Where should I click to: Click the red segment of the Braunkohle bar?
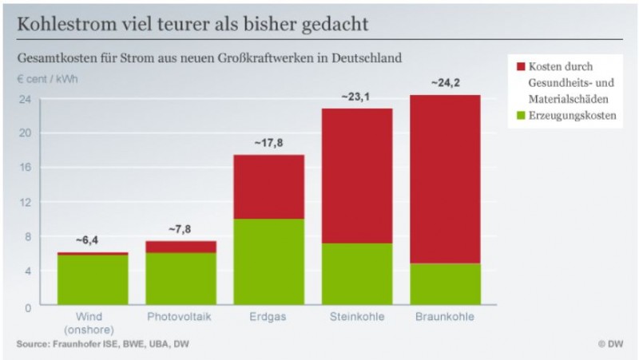tap(446, 179)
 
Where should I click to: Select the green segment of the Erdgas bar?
tap(268, 262)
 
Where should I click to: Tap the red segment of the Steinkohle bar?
tap(357, 176)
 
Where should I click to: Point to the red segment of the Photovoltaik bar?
tap(181, 247)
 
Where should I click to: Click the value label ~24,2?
tap(446, 82)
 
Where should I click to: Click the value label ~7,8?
tap(181, 229)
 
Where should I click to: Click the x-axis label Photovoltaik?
tap(181, 317)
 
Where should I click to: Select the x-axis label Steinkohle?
tap(357, 317)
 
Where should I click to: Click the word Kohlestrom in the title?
tap(64, 25)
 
